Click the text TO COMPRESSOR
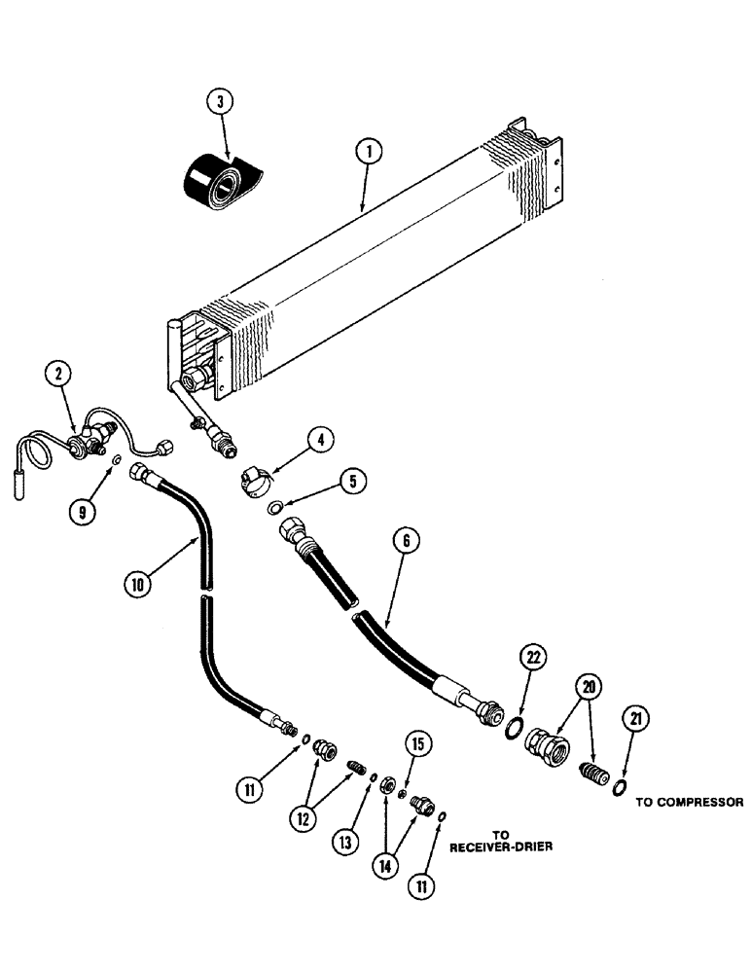coord(689,803)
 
